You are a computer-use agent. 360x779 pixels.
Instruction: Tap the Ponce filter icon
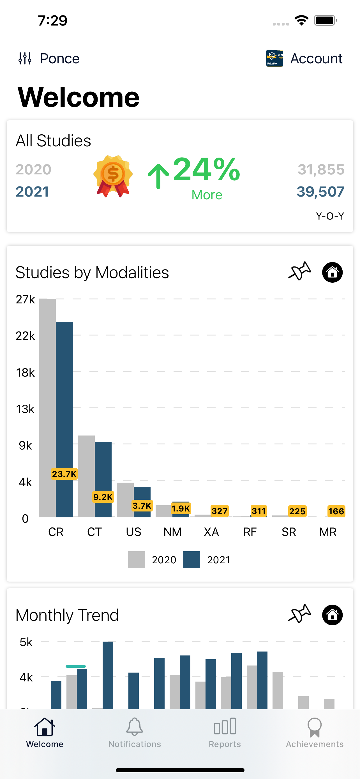[25, 58]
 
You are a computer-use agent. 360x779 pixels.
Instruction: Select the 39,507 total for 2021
[320, 192]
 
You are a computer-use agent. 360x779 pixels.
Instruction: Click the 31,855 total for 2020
[321, 169]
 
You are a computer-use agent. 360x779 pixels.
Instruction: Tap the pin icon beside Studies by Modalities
[299, 271]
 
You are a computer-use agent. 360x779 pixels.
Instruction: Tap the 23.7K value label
[64, 474]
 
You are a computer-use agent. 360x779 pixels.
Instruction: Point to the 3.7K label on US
[142, 506]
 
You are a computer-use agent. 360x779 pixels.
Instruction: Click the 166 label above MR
[336, 511]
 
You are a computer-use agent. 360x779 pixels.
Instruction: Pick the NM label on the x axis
[172, 532]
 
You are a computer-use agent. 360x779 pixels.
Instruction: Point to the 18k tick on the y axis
[26, 373]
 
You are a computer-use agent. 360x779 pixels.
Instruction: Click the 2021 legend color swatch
[192, 560]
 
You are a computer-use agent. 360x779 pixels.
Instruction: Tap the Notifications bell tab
[135, 732]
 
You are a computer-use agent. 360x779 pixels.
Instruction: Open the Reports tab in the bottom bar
[225, 732]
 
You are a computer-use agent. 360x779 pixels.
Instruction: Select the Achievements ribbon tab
[314, 732]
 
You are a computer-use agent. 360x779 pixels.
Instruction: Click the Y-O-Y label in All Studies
[330, 216]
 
